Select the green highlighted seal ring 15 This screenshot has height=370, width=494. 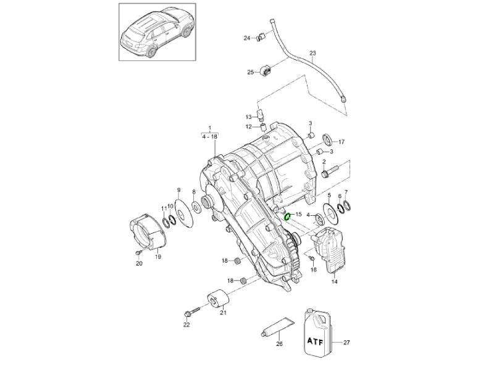click(287, 217)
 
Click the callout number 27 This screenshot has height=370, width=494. click(346, 343)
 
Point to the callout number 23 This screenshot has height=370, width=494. click(312, 53)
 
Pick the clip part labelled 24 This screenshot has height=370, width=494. click(261, 37)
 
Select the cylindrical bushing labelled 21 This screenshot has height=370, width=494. click(217, 298)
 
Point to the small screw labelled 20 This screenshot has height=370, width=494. click(138, 253)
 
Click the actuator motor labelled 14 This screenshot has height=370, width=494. click(329, 250)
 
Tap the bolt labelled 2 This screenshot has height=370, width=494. click(329, 171)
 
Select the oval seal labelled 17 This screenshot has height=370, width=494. click(327, 139)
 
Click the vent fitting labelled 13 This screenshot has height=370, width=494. click(261, 115)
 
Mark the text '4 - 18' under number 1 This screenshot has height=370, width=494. click(210, 137)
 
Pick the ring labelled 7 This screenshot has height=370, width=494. click(346, 205)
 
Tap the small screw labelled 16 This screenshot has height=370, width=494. click(312, 258)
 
